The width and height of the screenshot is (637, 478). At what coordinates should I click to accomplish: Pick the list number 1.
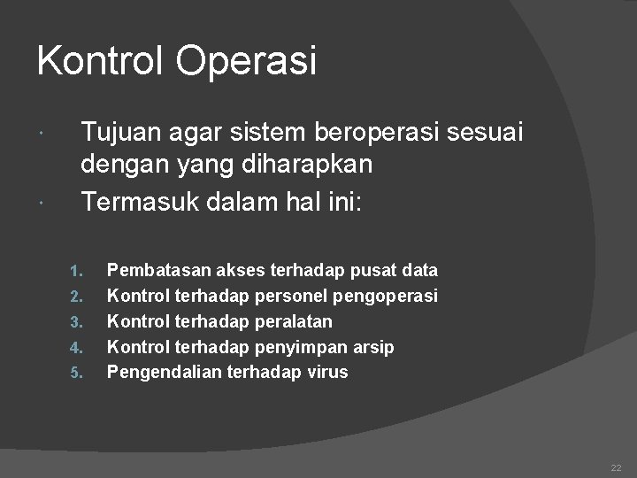coord(76,270)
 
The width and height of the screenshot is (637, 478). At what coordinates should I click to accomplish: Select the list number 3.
coord(76,321)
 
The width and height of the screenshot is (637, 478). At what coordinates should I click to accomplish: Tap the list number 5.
coord(76,373)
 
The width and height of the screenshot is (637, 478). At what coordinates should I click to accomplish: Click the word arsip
coord(373,347)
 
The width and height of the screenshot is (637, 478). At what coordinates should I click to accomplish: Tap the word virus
coord(327,372)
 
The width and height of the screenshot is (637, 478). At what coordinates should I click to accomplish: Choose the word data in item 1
coord(418,270)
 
